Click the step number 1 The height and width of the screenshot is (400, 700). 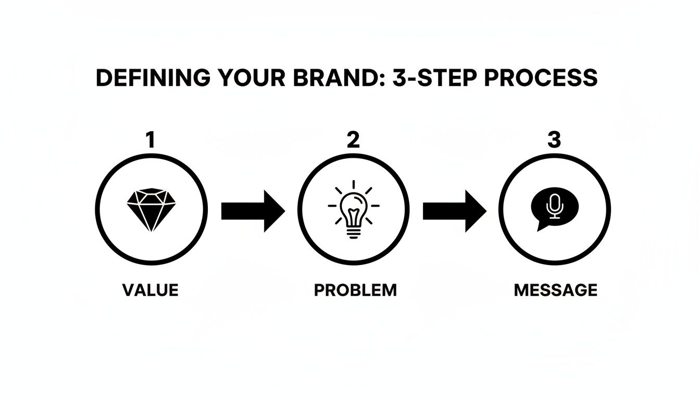point(151,140)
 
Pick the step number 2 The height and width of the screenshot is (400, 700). point(353,140)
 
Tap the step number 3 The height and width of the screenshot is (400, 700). point(554,140)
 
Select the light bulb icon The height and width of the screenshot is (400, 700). point(354,213)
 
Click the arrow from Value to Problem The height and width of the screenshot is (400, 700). point(253,211)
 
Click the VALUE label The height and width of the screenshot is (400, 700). point(151,290)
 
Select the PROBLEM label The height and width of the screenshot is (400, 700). point(355,290)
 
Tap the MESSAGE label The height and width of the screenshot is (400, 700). point(555,290)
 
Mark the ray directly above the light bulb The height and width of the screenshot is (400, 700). point(354,185)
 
